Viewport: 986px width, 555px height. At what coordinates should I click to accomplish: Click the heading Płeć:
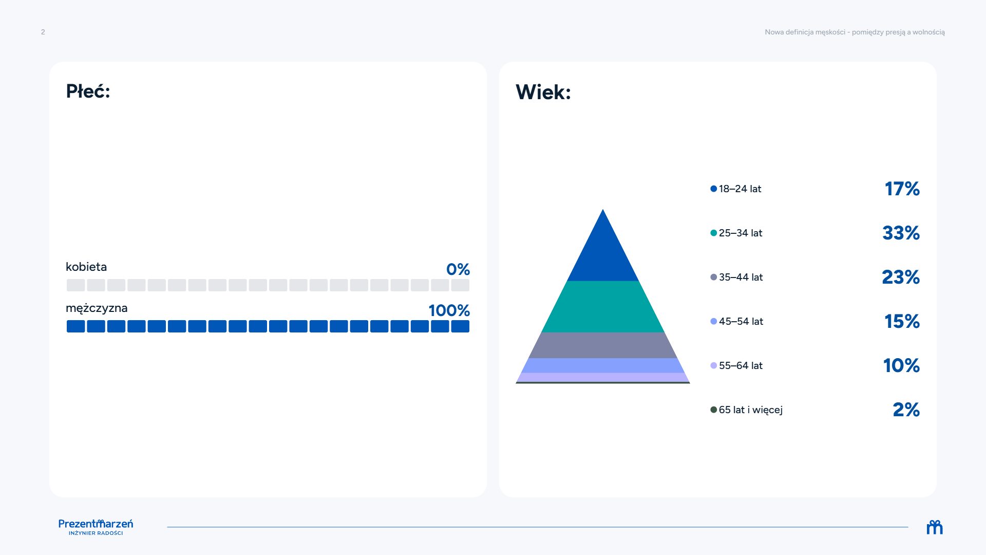click(88, 91)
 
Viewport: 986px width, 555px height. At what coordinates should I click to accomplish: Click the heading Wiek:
click(543, 92)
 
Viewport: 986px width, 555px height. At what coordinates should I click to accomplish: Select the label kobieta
click(86, 267)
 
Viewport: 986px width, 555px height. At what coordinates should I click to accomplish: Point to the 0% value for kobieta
click(458, 269)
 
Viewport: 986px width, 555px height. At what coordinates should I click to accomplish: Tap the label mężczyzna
click(97, 308)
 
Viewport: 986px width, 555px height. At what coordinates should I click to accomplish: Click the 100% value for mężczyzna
click(449, 310)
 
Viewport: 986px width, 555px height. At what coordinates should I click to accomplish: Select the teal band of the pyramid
click(603, 307)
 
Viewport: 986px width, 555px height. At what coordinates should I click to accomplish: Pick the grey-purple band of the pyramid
click(603, 345)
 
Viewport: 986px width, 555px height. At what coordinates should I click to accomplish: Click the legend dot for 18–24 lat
click(713, 189)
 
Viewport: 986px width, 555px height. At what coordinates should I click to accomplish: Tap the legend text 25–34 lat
click(741, 233)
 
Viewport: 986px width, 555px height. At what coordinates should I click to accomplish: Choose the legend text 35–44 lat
click(741, 277)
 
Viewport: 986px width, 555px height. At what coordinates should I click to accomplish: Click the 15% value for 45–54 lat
click(902, 321)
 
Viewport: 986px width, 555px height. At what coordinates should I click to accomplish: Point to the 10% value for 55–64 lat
click(901, 365)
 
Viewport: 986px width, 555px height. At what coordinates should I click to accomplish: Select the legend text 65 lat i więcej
click(751, 410)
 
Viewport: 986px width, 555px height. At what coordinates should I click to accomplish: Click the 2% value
click(906, 410)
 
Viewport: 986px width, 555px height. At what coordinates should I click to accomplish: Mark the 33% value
click(901, 233)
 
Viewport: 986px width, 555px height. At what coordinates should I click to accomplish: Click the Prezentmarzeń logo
click(96, 527)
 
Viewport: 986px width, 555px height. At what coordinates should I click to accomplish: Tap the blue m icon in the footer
click(935, 527)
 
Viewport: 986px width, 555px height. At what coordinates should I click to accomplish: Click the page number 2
click(43, 32)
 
